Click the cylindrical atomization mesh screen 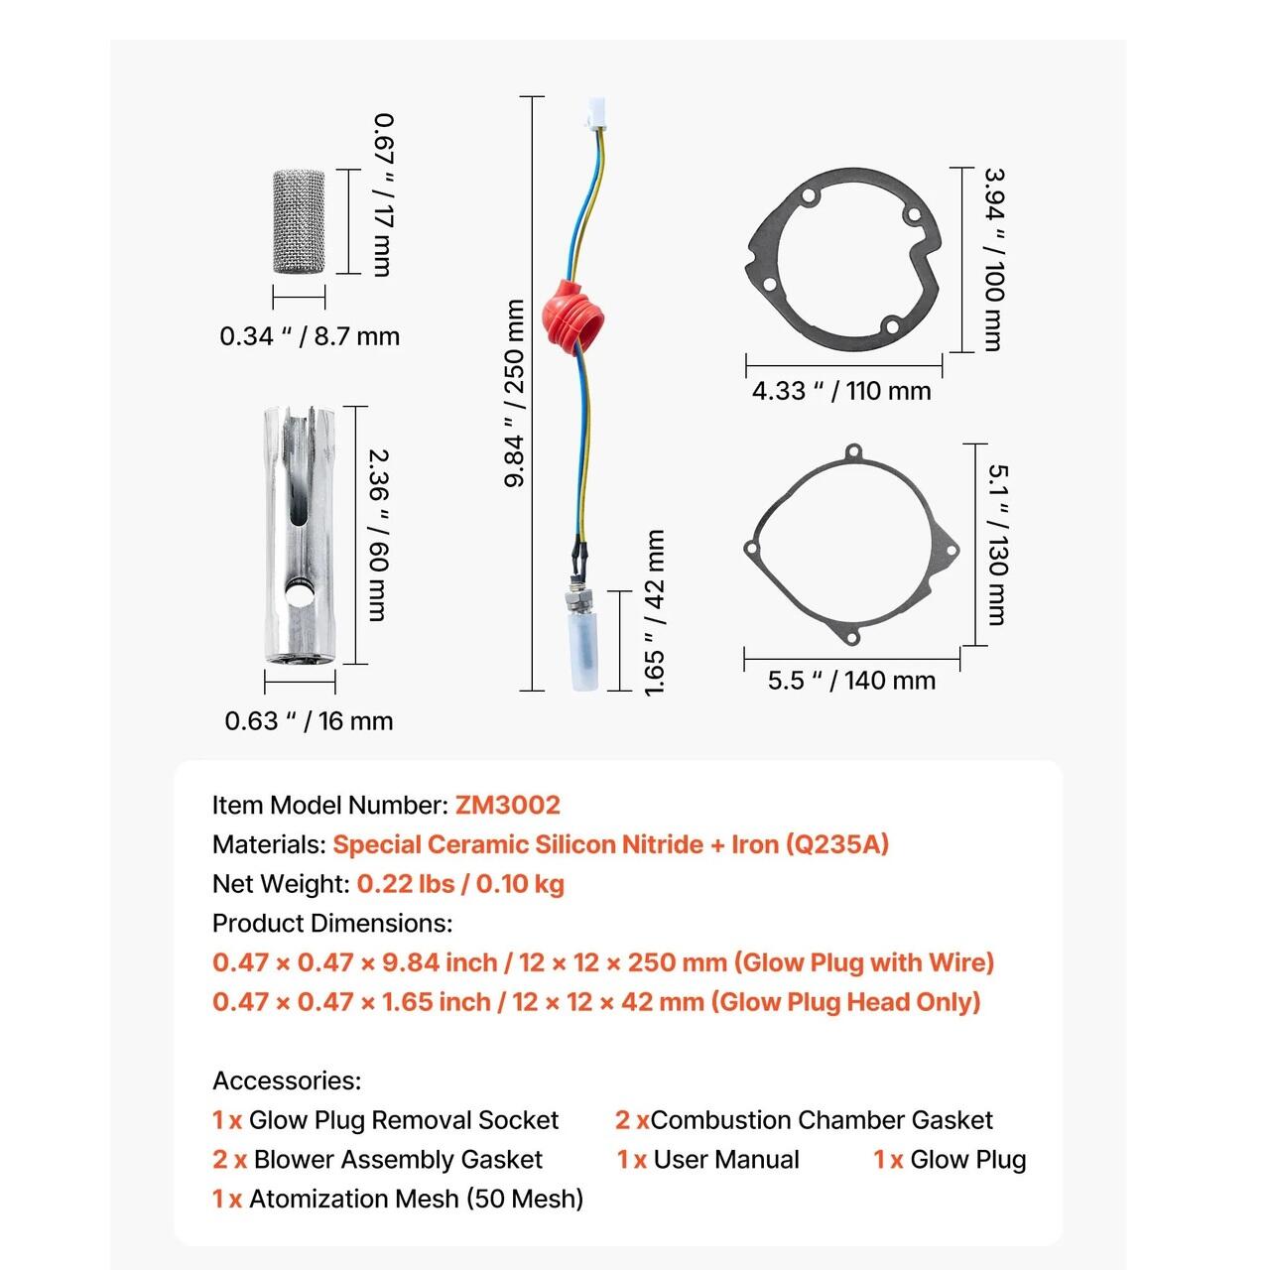299,221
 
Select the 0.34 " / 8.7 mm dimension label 310,336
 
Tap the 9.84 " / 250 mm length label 515,393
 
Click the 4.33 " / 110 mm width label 841,391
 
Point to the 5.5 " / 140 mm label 851,681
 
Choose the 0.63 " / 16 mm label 309,721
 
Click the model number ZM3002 508,805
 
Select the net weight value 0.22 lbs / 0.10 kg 460,884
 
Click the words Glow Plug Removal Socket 403,1120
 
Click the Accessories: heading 287,1080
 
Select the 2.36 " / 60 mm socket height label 378,535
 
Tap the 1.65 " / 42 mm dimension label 655,612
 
